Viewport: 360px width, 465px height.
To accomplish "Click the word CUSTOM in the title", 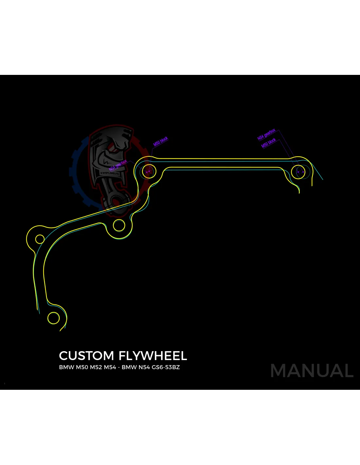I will (x=86, y=356).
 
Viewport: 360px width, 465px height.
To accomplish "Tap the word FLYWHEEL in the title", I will (x=153, y=356).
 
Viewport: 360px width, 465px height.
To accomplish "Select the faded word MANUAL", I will (x=312, y=371).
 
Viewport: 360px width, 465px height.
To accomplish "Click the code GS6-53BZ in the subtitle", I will (x=166, y=367).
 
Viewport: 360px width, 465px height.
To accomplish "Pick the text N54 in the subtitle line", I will (x=144, y=367).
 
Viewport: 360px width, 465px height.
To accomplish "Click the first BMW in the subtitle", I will (x=66, y=367).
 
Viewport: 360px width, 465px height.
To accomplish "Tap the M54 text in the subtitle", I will (x=110, y=367).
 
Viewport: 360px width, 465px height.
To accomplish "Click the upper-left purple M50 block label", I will (x=161, y=141).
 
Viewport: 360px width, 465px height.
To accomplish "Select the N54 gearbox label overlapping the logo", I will (x=118, y=165).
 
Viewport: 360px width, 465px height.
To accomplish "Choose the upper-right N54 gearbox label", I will (x=266, y=134).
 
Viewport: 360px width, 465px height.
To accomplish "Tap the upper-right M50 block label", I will (x=269, y=143).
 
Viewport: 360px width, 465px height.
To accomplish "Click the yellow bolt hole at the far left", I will (x=40, y=239).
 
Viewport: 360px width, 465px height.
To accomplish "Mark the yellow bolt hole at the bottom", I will (x=54, y=318).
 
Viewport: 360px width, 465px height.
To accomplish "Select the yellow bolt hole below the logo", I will (x=119, y=225).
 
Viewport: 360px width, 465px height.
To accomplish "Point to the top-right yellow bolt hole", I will (x=298, y=171).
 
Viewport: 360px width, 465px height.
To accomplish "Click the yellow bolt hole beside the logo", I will (x=149, y=171).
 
